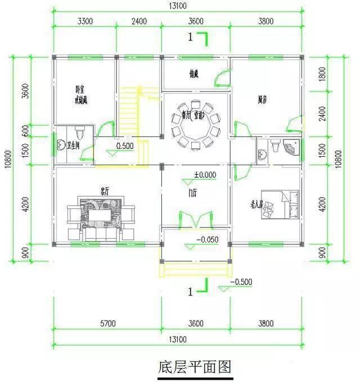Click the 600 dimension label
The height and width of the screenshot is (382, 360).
(25, 130)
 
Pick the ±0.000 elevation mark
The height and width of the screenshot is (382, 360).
(205, 175)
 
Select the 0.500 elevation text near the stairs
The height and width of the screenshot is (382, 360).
(125, 146)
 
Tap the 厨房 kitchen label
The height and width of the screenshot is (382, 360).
(262, 100)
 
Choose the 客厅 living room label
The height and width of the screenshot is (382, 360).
(104, 190)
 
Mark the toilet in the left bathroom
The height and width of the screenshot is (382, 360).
(80, 133)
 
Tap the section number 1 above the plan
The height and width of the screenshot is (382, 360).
(191, 38)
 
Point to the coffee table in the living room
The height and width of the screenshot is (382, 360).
(101, 213)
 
